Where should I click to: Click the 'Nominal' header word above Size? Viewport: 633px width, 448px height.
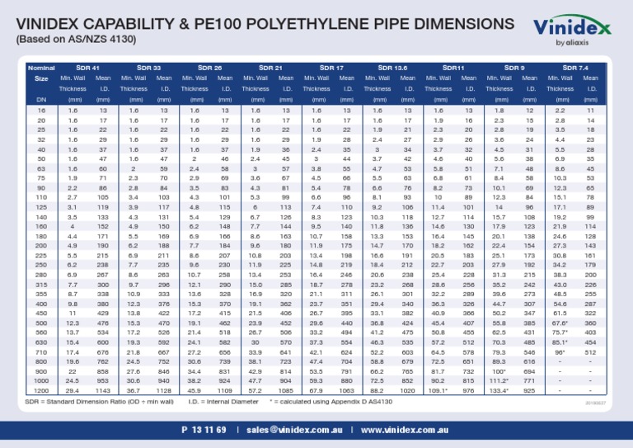point(41,67)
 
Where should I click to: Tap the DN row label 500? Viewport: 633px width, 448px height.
point(41,299)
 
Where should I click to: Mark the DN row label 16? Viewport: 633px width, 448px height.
point(41,110)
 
